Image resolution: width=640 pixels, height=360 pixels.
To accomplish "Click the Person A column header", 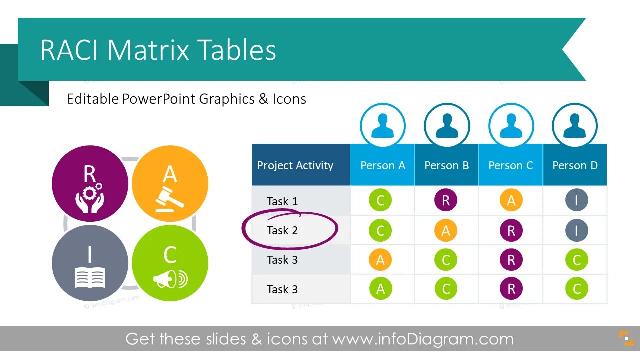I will coord(382,165).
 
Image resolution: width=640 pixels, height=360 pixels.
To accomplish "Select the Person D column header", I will coord(575,165).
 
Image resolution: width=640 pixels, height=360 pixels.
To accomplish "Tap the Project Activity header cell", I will coord(295,165).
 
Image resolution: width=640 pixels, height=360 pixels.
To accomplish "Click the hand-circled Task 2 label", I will coord(282,230).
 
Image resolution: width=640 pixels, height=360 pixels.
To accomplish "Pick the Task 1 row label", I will coord(282,201).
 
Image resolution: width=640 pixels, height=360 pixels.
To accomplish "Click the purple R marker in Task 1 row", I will coord(446,201).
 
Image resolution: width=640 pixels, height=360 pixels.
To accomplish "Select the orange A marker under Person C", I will coord(511,201).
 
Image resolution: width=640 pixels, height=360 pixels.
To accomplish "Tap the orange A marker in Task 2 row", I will coord(446,230).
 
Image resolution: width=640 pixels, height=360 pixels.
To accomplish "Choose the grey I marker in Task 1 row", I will coord(576,201).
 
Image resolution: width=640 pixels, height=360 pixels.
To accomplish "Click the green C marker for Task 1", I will coord(380,201).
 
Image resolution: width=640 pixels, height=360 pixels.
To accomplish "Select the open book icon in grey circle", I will coord(90,277).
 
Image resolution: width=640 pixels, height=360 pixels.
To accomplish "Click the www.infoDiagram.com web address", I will coord(423,339).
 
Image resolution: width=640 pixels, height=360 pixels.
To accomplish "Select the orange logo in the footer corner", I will coord(626,338).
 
